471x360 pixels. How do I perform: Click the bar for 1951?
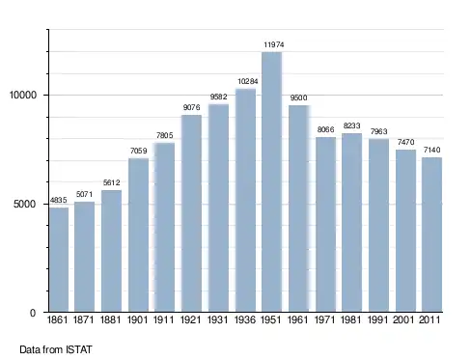coord(272,181)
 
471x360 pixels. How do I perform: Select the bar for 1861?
coord(59,260)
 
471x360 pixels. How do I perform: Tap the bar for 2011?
coord(431,235)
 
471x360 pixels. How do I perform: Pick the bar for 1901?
coord(138,235)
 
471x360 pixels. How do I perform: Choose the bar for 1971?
coord(325,225)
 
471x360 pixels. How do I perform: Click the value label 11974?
coord(274,44)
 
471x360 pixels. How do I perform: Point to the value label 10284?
coord(248,81)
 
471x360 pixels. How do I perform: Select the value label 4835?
coord(59,200)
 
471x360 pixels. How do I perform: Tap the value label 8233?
coord(351,125)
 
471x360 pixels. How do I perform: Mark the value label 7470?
coord(405,142)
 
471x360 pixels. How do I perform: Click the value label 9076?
coord(192,107)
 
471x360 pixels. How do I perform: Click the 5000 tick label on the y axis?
coord(24,205)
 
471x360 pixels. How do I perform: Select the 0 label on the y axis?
coord(33,313)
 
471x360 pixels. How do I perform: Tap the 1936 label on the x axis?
coord(245,319)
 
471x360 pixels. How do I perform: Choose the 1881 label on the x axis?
coord(111,319)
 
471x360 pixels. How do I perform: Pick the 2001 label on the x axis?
coord(403,319)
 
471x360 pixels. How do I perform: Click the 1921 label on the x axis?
coord(191,319)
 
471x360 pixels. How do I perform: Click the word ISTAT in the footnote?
coord(79,349)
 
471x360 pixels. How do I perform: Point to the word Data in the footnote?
coord(30,349)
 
